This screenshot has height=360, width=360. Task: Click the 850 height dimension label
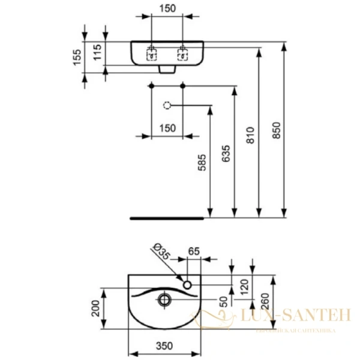point(276,133)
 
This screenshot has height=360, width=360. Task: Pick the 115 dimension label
point(98,55)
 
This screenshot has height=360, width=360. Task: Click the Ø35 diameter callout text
point(161,250)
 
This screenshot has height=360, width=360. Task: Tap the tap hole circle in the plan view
point(188,284)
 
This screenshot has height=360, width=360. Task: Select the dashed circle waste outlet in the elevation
point(167,106)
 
